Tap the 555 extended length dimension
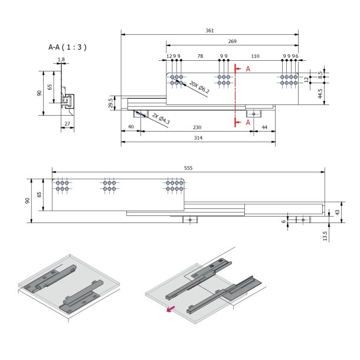pos(188,168)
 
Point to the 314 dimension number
pos(198,138)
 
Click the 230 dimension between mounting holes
pos(198,127)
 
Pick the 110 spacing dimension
pos(255,56)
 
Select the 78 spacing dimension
pos(200,56)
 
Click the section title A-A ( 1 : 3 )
pos(68,46)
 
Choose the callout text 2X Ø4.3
pos(161,120)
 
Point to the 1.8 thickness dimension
pos(61,59)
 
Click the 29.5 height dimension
pos(110,103)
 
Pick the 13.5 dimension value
pos(325,236)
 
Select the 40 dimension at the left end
pos(130,127)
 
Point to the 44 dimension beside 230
pos(264,127)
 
